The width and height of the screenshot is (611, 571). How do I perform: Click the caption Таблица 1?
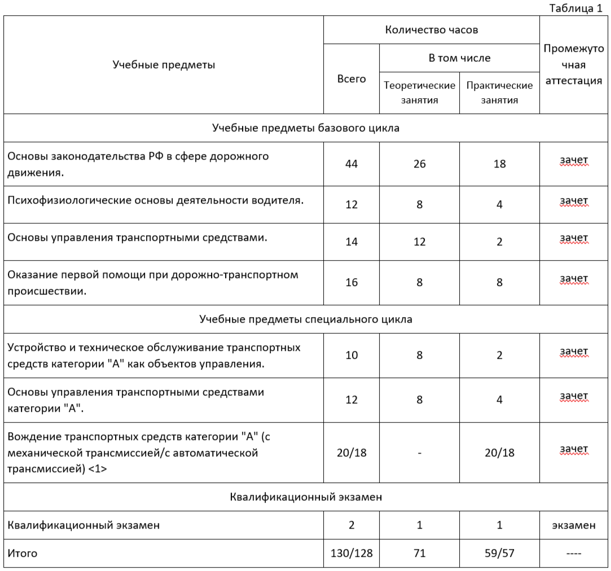pyautogui.click(x=575, y=8)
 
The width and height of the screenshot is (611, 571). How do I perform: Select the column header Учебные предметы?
pyautogui.click(x=164, y=65)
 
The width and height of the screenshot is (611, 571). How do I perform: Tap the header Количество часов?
pyautogui.click(x=431, y=30)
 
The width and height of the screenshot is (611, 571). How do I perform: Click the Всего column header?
pyautogui.click(x=351, y=79)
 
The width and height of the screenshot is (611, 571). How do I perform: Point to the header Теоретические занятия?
pyautogui.click(x=419, y=93)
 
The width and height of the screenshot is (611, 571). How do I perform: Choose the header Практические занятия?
pyautogui.click(x=499, y=93)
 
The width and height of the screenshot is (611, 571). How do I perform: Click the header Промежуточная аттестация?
pyautogui.click(x=573, y=64)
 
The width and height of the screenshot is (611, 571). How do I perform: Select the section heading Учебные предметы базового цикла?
pyautogui.click(x=306, y=128)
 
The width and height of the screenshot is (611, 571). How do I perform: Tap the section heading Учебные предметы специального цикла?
pyautogui.click(x=306, y=319)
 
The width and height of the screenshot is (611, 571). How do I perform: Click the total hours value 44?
pyautogui.click(x=351, y=164)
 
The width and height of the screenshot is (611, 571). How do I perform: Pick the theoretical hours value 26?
pyautogui.click(x=419, y=164)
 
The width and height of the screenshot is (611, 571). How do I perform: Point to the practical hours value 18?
pyautogui.click(x=499, y=164)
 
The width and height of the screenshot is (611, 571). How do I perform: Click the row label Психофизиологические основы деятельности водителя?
pyautogui.click(x=156, y=201)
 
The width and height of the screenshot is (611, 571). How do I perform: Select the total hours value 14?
pyautogui.click(x=351, y=241)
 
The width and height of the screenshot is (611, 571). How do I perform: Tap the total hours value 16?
pyautogui.click(x=351, y=282)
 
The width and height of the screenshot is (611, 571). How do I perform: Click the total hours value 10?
pyautogui.click(x=351, y=355)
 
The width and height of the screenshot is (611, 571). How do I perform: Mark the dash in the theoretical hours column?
pyautogui.click(x=419, y=453)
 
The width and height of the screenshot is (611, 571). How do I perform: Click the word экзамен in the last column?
pyautogui.click(x=573, y=525)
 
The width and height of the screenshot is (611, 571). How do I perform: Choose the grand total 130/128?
pyautogui.click(x=351, y=554)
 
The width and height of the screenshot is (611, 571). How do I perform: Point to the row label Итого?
pyautogui.click(x=23, y=554)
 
